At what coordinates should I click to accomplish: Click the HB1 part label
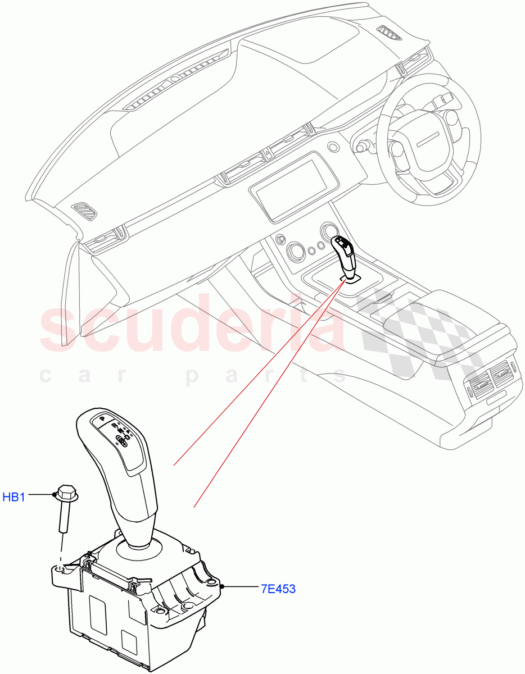(13, 497)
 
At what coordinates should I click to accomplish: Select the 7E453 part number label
(278, 589)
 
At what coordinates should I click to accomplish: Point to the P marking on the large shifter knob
(102, 418)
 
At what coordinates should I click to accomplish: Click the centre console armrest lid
(444, 315)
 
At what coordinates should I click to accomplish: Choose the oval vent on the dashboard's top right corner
(388, 34)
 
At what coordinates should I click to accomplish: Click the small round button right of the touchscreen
(334, 147)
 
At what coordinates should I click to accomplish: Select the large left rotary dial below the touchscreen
(295, 250)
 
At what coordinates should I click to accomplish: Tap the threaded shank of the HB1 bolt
(63, 517)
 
